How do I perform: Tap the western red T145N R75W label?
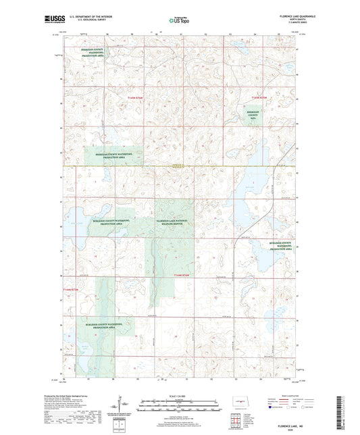coord(136,99)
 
